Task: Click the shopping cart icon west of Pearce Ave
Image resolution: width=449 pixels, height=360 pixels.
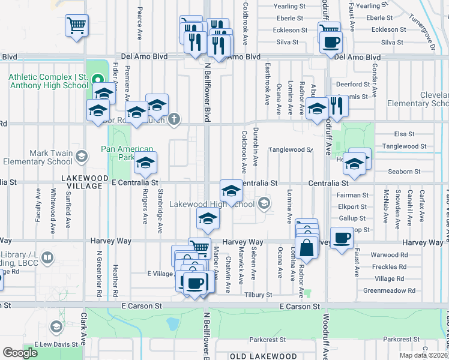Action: pyautogui.click(x=76, y=25)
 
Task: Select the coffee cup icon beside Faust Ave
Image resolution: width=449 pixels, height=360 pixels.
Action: pyautogui.click(x=342, y=238)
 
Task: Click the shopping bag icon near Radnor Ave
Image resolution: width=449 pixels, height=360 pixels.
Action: pyautogui.click(x=306, y=247)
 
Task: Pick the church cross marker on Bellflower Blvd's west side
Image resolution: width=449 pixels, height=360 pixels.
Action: pyautogui.click(x=174, y=118)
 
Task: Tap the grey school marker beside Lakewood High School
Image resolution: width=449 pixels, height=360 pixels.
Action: pyautogui.click(x=263, y=204)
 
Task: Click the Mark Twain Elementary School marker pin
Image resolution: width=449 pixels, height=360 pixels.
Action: pyautogui.click(x=82, y=157)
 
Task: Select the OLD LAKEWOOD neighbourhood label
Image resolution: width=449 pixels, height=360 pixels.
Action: pyautogui.click(x=263, y=356)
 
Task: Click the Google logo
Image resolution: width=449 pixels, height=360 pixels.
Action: pyautogui.click(x=20, y=352)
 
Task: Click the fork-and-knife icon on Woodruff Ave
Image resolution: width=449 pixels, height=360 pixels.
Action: pyautogui.click(x=337, y=106)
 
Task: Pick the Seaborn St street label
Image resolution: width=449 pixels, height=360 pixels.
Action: pyautogui.click(x=404, y=172)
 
